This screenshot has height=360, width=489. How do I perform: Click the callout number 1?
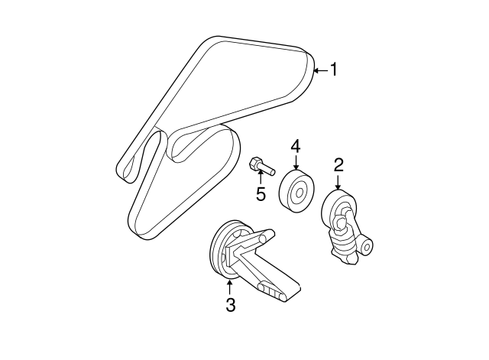click(x=334, y=70)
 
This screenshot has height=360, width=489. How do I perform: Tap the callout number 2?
click(x=338, y=165)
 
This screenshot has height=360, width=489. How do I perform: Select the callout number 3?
click(x=230, y=304)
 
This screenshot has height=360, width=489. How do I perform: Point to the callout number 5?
click(x=261, y=194)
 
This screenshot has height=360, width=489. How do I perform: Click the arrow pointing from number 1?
click(x=320, y=70)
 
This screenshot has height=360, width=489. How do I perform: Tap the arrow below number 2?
click(x=338, y=182)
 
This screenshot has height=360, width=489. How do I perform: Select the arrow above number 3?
click(x=229, y=287)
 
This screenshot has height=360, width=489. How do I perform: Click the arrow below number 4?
click(x=296, y=163)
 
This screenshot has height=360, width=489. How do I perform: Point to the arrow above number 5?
click(x=261, y=177)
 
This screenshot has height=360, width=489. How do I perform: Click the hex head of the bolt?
click(x=254, y=164)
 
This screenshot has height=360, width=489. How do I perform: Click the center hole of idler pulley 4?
click(x=299, y=193)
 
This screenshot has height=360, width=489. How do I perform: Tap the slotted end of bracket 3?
click(x=272, y=292)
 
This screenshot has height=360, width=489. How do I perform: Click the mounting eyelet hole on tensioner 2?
click(x=367, y=248)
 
